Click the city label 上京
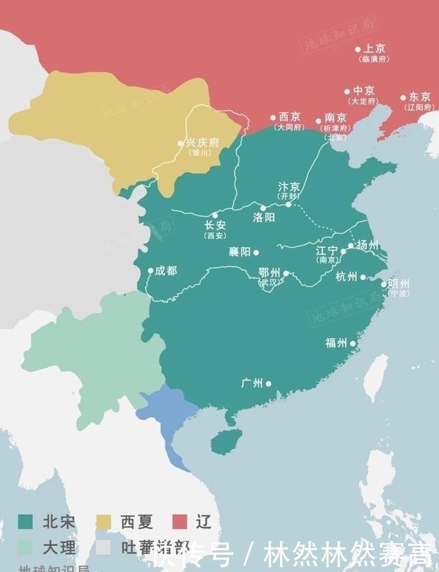click(375, 49)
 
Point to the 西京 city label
click(289, 117)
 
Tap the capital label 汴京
click(289, 187)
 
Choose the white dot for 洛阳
click(262, 208)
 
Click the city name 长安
click(215, 225)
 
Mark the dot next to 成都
click(151, 271)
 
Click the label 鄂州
click(270, 273)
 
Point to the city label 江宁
click(327, 251)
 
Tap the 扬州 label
click(368, 245)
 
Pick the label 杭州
click(346, 277)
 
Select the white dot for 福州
click(353, 343)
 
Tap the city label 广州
click(252, 383)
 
